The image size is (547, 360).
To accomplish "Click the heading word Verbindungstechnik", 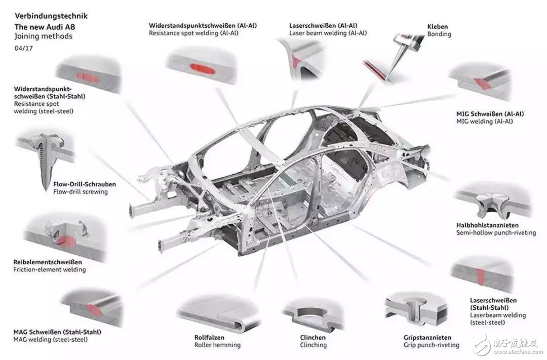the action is click(51, 16).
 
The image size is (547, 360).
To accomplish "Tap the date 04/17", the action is click(24, 48).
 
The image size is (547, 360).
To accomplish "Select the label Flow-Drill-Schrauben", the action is click(85, 184).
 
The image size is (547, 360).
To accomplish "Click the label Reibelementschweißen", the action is click(48, 262).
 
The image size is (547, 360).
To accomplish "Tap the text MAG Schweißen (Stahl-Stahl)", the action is click(57, 332).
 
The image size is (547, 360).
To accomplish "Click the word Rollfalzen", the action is click(209, 337).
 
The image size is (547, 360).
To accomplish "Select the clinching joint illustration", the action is click(312, 314).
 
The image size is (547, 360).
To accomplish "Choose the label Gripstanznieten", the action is click(427, 337).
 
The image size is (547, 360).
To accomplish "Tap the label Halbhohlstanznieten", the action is click(487, 225).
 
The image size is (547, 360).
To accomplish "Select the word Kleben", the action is click(438, 26).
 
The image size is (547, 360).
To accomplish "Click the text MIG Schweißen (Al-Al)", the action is click(490, 114).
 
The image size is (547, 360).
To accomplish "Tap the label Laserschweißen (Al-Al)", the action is click(323, 25).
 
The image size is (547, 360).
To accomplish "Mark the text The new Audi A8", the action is click(45, 27).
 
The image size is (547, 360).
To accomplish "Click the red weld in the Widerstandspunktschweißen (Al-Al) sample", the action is click(202, 69).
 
